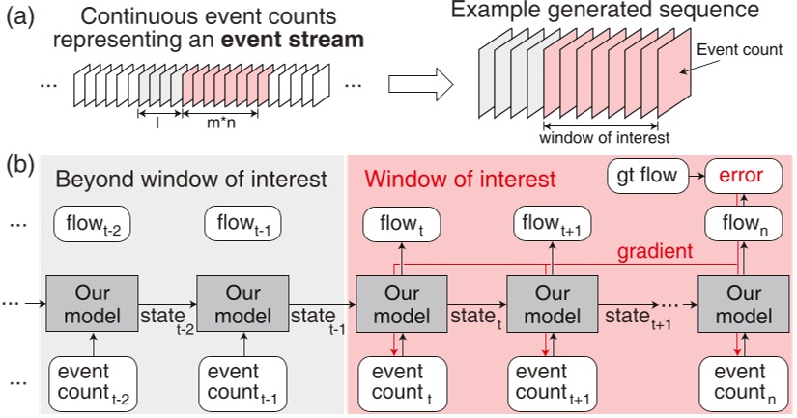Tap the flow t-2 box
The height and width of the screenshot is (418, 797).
coord(93,227)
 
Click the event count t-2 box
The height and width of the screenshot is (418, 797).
coord(91,380)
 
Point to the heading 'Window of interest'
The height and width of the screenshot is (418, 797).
coord(459,179)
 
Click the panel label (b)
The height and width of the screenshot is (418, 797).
coord(21,164)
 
